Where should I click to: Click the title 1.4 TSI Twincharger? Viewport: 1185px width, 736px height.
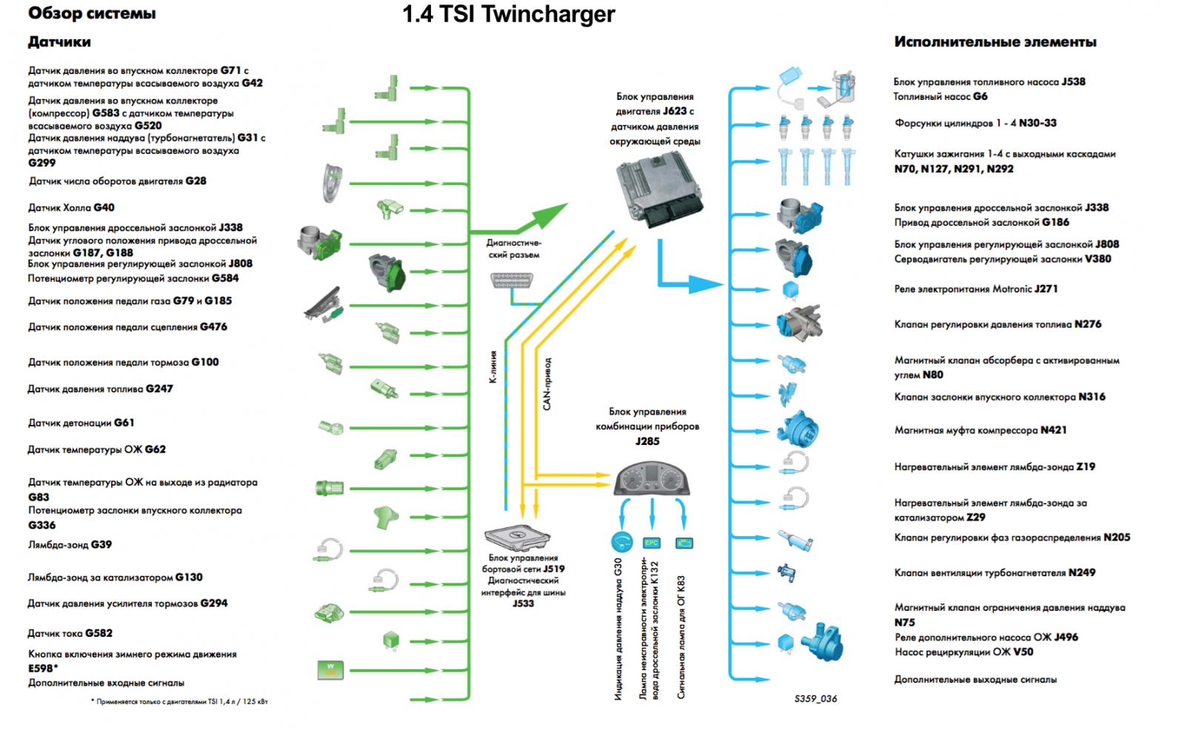pos(508,14)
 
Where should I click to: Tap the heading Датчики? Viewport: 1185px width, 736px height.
pos(59,42)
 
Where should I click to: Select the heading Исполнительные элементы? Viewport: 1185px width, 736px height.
pos(995,42)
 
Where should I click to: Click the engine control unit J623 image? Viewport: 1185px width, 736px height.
pos(658,190)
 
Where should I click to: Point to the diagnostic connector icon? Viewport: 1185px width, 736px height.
pos(511,281)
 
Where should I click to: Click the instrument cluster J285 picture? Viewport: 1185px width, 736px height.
pos(652,478)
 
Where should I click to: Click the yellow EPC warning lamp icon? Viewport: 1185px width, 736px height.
pos(651,543)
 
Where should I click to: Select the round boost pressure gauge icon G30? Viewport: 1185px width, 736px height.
pos(621,542)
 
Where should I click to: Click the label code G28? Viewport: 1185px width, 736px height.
pos(196,181)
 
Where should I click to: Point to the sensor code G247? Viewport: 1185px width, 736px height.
pos(159,389)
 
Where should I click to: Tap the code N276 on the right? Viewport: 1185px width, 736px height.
pos(1088,324)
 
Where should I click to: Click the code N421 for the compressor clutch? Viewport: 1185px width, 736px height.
pos(1053,430)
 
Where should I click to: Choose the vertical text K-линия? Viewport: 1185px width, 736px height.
pos(493,367)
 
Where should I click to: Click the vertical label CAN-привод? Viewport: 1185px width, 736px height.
pos(547,384)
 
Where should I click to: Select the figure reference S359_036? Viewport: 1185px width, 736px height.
pos(815,698)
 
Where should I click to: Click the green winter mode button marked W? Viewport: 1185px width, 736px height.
pos(330,669)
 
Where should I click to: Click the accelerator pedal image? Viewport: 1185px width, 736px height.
pos(324,304)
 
